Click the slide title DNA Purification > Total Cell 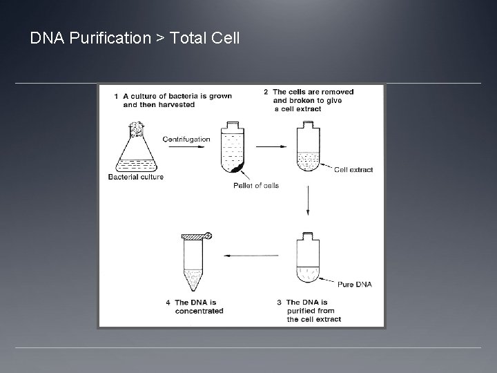tap(135, 38)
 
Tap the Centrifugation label tap(186, 139)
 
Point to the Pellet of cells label tap(255, 185)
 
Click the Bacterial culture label tap(136, 178)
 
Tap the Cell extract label tap(353, 169)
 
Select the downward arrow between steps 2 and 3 tap(308, 201)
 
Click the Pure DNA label tap(355, 283)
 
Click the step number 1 tap(117, 96)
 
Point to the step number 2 tap(266, 92)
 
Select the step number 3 tap(279, 302)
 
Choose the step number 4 tap(168, 302)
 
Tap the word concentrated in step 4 tap(199, 311)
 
